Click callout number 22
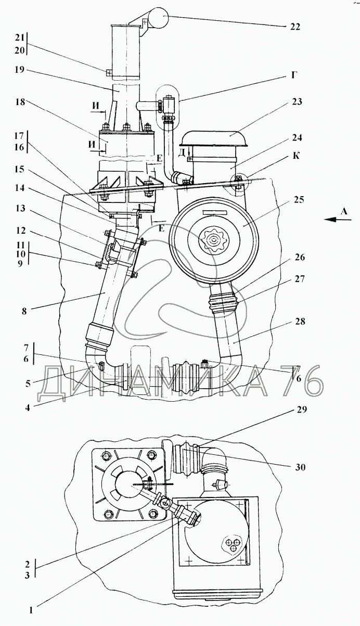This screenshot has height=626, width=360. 295,27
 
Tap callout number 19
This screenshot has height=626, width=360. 20,69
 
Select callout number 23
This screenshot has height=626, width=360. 297,101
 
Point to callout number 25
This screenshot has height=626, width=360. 298,200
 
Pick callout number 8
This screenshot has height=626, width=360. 24,311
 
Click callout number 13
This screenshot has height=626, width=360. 20,209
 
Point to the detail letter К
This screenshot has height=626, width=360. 297,156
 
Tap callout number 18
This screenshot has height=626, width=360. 20,101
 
